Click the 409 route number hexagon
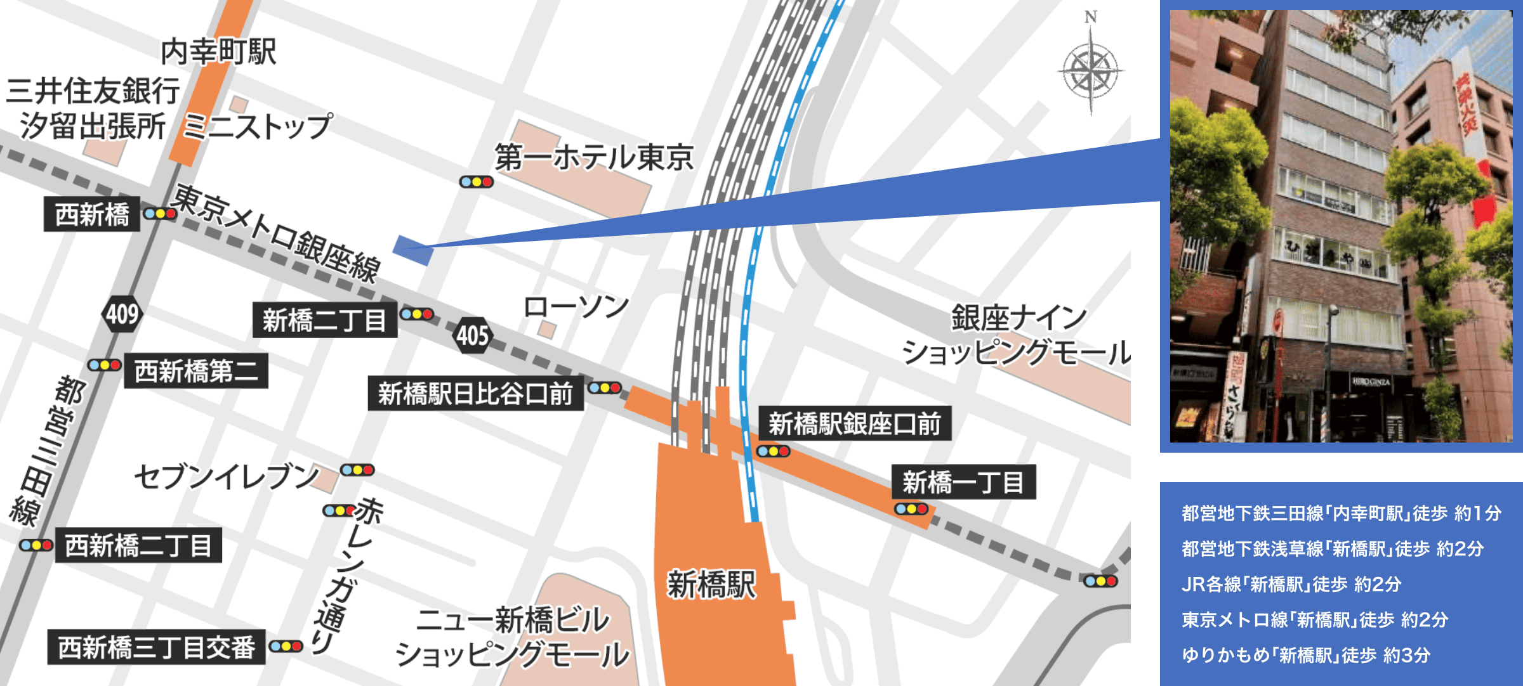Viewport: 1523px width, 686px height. tap(122, 314)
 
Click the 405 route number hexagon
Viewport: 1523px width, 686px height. tap(473, 335)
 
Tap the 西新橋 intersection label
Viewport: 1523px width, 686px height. tap(92, 214)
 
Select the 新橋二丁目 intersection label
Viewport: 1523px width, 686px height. tap(325, 320)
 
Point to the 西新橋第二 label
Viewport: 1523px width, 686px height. tap(196, 371)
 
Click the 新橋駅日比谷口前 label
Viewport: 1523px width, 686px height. tap(475, 394)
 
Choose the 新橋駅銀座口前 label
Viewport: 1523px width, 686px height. tap(855, 424)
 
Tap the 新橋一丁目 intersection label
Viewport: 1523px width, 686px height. tap(963, 482)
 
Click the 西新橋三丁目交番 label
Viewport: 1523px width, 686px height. tap(157, 647)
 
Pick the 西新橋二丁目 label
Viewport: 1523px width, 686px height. tap(138, 545)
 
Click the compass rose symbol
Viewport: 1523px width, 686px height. tap(1091, 70)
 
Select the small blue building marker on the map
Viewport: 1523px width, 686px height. tap(413, 250)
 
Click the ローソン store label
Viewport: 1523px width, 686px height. tap(576, 307)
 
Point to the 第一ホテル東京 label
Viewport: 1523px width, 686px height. tap(594, 157)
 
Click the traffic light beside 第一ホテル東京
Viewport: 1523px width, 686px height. tap(476, 182)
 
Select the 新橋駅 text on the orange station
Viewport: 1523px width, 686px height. tap(711, 585)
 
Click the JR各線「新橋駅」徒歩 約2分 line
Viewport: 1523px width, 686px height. tap(1291, 584)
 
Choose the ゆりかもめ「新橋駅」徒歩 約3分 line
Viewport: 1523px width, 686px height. tap(1305, 655)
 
